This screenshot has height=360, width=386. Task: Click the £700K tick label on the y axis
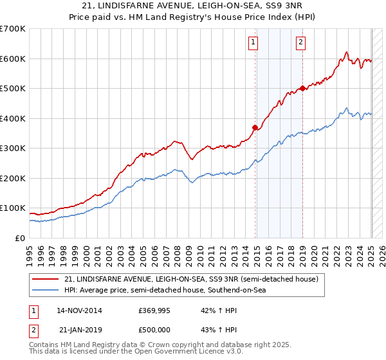point(13,29)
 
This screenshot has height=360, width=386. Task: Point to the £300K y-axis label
point(13,148)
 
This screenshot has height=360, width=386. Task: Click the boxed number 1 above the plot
point(253,43)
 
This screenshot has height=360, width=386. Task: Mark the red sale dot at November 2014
point(255,127)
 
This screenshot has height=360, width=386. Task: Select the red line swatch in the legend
point(46,279)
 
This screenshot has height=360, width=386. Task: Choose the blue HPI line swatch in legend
point(46,291)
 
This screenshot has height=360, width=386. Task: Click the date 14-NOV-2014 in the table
point(79,310)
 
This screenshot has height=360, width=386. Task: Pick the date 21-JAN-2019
point(80,330)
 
